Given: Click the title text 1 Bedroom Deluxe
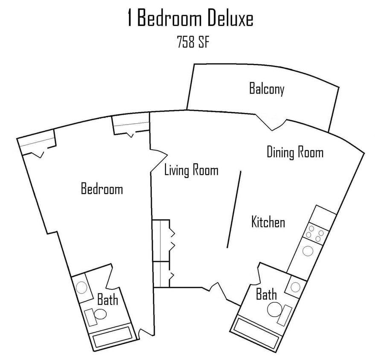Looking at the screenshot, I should click(190, 20).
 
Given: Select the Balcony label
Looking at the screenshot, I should click(267, 90).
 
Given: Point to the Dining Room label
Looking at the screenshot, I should click(295, 152).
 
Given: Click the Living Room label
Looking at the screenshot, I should click(191, 171).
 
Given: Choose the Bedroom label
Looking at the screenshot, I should click(102, 189).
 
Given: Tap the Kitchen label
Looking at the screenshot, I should click(268, 222).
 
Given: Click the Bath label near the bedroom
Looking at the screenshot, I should click(107, 299).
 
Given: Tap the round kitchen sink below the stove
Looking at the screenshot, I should click(307, 251).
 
